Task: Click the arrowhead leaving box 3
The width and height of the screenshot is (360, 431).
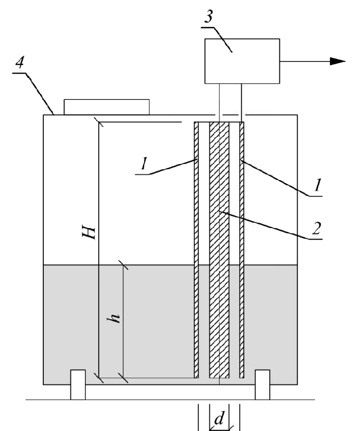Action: pyautogui.click(x=337, y=61)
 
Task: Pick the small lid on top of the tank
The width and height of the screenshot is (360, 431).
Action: pyautogui.click(x=106, y=106)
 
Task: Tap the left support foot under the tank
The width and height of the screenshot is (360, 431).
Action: pyautogui.click(x=78, y=385)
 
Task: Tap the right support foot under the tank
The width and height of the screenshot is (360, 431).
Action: pyautogui.click(x=262, y=385)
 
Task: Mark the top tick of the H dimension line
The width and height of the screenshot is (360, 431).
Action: pyautogui.click(x=99, y=122)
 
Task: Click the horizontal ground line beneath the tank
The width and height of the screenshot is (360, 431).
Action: pyautogui.click(x=160, y=399)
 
